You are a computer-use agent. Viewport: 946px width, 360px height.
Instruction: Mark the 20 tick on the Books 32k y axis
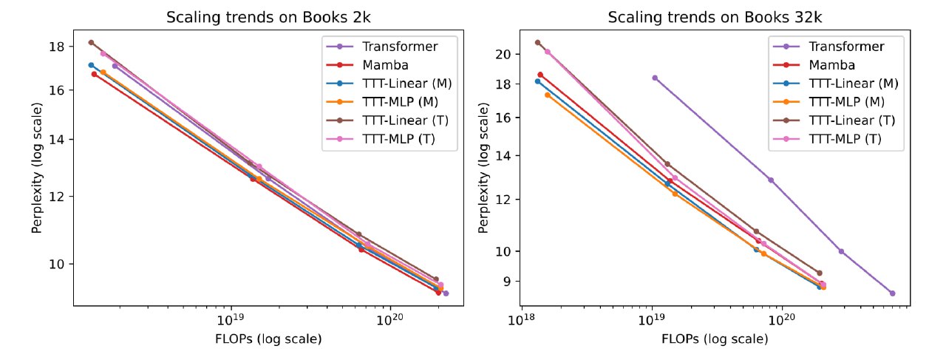click(503, 54)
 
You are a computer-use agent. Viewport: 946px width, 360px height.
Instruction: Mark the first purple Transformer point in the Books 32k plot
click(655, 78)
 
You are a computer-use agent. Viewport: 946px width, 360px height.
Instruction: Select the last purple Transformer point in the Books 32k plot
click(892, 293)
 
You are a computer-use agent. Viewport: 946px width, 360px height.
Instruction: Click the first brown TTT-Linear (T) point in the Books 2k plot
click(91, 42)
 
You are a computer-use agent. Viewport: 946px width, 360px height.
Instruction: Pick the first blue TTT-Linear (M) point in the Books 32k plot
click(537, 81)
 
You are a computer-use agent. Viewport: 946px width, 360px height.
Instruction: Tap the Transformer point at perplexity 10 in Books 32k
click(841, 251)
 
